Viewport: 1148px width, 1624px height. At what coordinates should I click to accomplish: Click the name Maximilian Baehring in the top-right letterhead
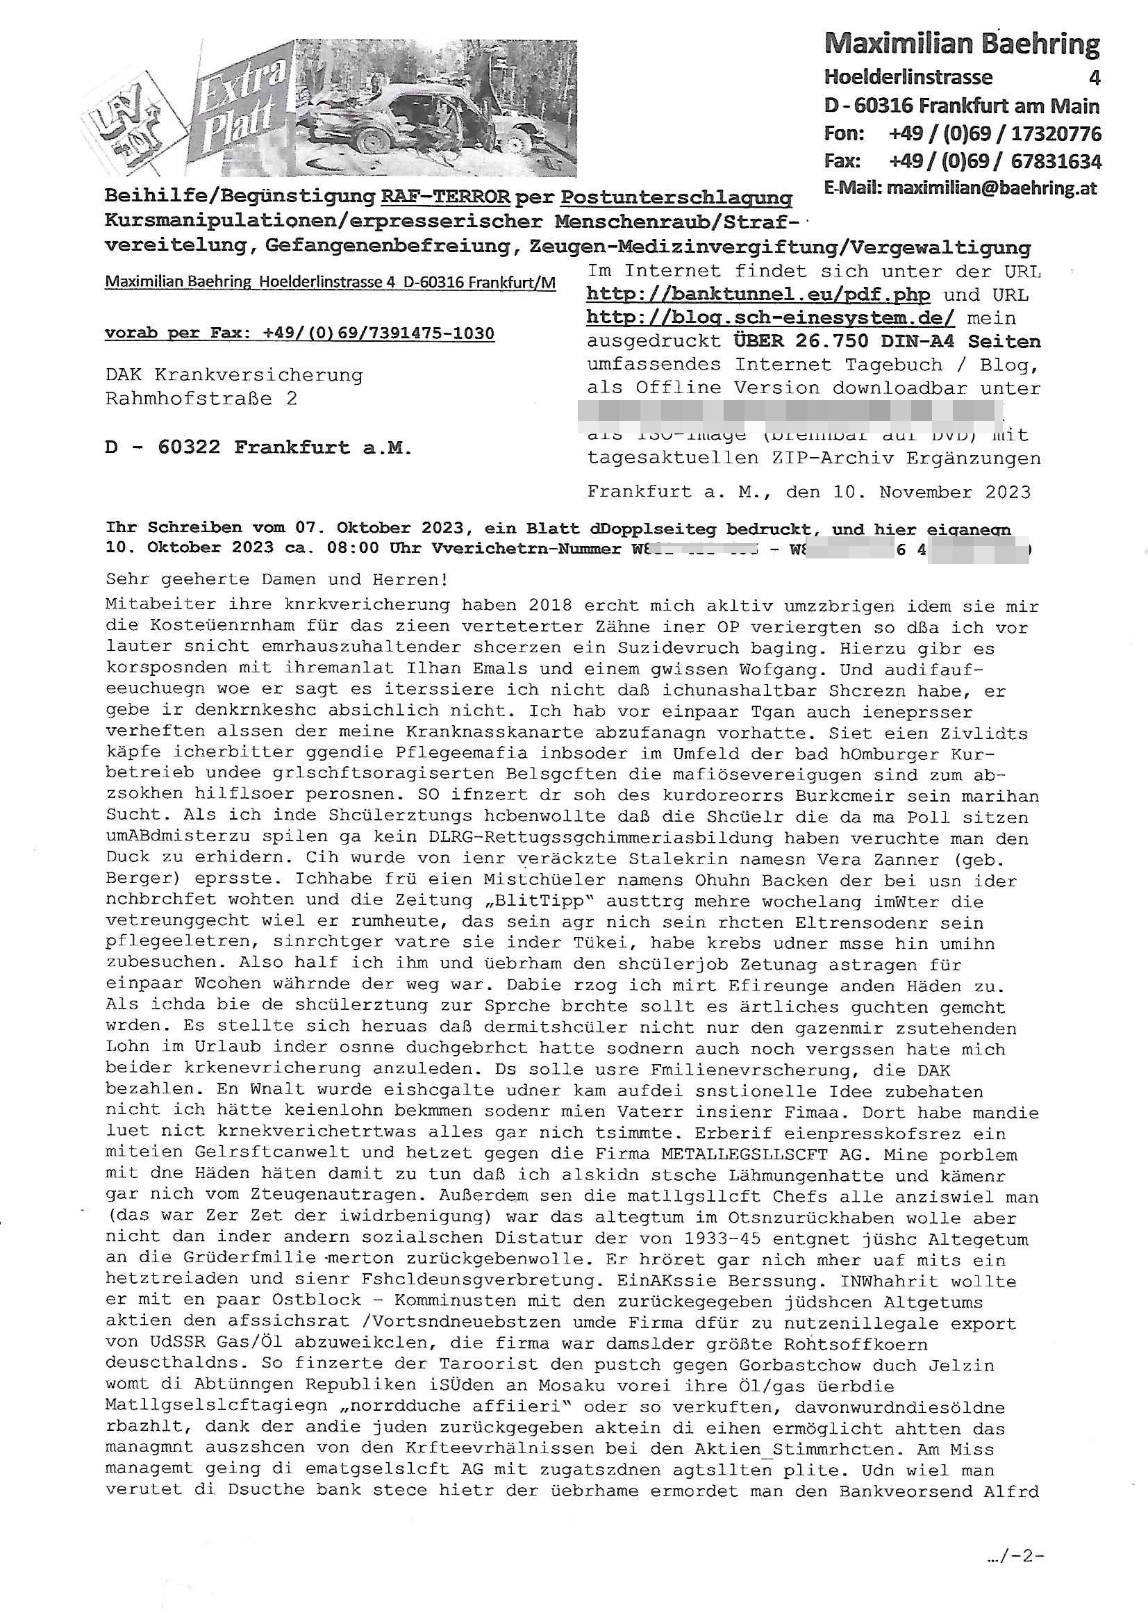[x=961, y=44]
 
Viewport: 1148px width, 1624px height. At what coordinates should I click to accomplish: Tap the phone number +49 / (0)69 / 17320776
[x=995, y=133]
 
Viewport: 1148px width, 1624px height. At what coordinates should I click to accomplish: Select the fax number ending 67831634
[x=1056, y=161]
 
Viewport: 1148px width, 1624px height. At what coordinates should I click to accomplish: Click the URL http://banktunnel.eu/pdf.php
[x=758, y=295]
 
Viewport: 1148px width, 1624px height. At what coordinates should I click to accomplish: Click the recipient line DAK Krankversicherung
[x=234, y=375]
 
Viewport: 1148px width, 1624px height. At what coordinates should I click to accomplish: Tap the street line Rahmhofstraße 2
[x=201, y=399]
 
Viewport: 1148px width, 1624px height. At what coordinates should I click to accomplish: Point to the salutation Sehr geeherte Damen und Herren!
[x=276, y=579]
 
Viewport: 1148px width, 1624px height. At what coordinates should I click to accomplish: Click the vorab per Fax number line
[x=299, y=333]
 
